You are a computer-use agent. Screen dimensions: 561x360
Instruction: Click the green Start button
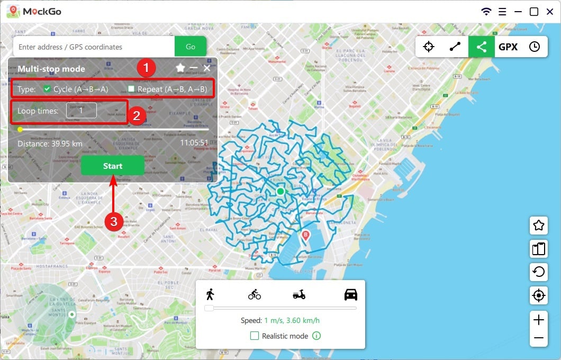click(x=112, y=166)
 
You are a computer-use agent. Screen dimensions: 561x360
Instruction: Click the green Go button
click(x=191, y=47)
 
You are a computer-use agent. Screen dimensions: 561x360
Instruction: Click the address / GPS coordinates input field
click(x=94, y=47)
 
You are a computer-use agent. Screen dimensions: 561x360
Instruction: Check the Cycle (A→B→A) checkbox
click(x=47, y=89)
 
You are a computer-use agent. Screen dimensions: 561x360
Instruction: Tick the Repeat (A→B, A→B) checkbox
click(x=131, y=89)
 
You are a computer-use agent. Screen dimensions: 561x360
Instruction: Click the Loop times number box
click(x=81, y=110)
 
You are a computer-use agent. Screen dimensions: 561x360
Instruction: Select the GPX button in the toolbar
click(x=508, y=47)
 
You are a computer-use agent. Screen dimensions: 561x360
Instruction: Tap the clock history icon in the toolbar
click(x=535, y=47)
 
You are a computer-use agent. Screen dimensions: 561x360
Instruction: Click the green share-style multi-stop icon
click(x=481, y=47)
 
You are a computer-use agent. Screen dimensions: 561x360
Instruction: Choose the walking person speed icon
click(x=211, y=294)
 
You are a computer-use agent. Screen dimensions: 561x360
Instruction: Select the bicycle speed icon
click(x=255, y=294)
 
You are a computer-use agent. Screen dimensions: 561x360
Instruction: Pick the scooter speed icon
click(x=299, y=294)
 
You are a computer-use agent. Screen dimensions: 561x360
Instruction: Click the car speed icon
click(x=350, y=294)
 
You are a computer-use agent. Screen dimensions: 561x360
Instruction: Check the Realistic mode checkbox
click(x=255, y=336)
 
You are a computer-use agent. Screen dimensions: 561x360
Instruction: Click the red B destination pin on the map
click(x=305, y=236)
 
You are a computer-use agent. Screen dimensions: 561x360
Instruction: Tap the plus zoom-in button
click(x=539, y=320)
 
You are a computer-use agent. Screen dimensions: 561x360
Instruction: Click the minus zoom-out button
click(x=539, y=338)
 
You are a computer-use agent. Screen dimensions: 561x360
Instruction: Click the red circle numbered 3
click(x=114, y=221)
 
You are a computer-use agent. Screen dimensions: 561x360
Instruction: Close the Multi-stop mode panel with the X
click(x=207, y=68)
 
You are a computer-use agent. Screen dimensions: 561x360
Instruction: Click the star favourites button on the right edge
click(x=539, y=226)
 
